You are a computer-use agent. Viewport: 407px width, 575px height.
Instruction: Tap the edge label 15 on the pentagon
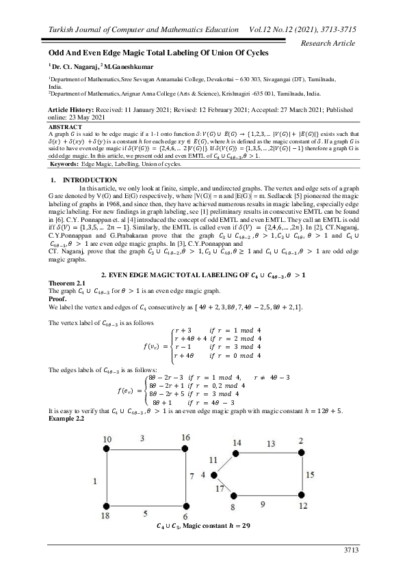point(310,474)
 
